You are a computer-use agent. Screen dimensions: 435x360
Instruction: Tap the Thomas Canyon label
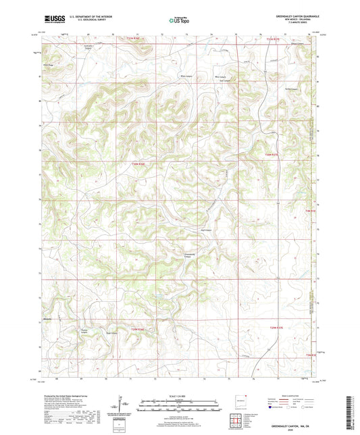point(84,331)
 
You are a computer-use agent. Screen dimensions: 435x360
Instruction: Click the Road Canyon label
point(114,333)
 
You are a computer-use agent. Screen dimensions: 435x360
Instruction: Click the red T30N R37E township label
point(272,155)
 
